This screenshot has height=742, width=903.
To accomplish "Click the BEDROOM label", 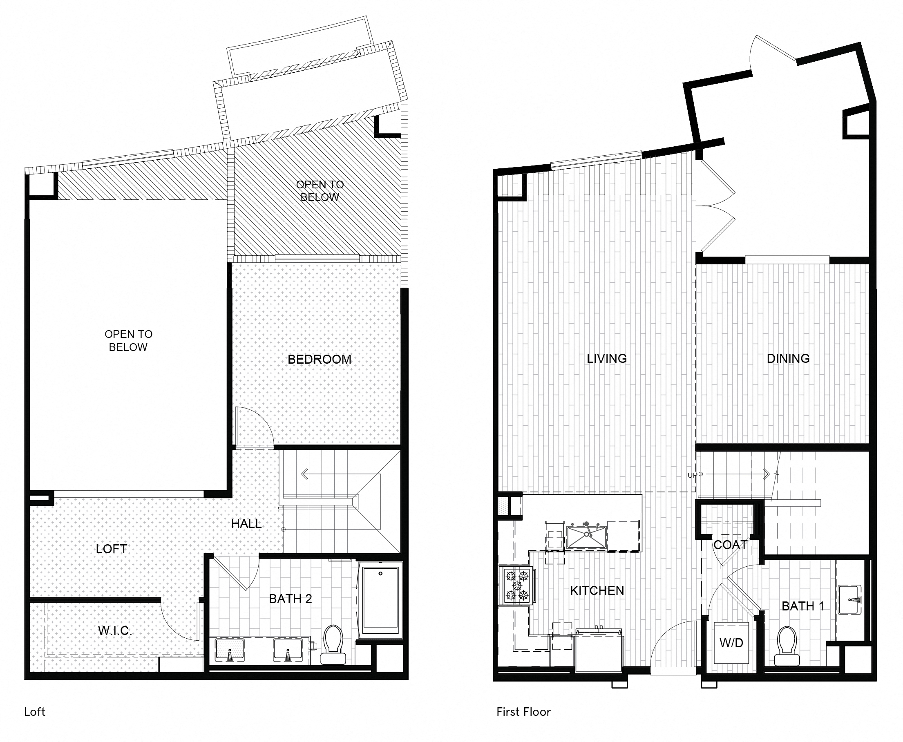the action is [319, 360].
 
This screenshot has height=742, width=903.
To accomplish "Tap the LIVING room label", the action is [606, 359].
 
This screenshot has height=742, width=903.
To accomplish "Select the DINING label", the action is [788, 359].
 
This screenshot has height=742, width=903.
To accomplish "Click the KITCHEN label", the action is [597, 591].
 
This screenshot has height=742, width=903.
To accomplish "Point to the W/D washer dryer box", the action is [731, 643].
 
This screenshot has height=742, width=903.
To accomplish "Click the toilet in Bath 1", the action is [787, 646].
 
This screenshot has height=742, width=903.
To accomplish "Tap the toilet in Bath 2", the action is [333, 644].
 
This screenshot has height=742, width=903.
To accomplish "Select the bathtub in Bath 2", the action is [380, 601].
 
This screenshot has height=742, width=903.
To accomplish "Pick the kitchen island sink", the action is [586, 537].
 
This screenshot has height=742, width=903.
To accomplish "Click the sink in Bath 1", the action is [849, 600].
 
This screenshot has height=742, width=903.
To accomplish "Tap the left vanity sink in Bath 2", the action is [230, 650].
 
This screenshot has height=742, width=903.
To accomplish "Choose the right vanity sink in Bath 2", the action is [288, 650].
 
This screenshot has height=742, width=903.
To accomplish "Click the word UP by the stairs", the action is [692, 475].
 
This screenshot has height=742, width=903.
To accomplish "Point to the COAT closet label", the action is [730, 545].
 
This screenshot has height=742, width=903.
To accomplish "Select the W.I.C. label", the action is [115, 630].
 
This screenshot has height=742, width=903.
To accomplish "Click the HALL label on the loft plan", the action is [246, 523].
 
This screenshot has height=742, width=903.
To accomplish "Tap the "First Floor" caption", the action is [523, 712].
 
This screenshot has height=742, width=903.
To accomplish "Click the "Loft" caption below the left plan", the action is [35, 712].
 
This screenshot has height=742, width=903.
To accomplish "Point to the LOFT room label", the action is [112, 549].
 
